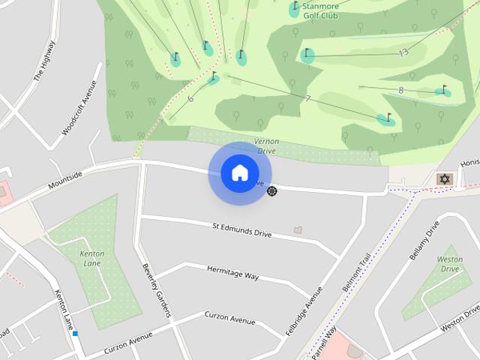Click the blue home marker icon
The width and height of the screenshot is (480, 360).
(x=239, y=173)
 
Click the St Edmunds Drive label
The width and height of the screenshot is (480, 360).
(x=241, y=229)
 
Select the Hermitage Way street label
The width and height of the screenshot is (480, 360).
(x=232, y=272)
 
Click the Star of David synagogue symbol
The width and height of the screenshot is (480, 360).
(x=444, y=179)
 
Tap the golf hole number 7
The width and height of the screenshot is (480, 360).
(x=308, y=99)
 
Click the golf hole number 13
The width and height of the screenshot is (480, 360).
(x=403, y=52)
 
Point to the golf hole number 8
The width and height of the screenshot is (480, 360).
(x=401, y=90)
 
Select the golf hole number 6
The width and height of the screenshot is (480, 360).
(x=190, y=99)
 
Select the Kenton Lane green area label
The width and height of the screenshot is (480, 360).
(x=91, y=259)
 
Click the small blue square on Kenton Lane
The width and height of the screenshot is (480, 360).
(x=75, y=333)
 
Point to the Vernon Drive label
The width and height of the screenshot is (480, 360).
(x=266, y=146)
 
